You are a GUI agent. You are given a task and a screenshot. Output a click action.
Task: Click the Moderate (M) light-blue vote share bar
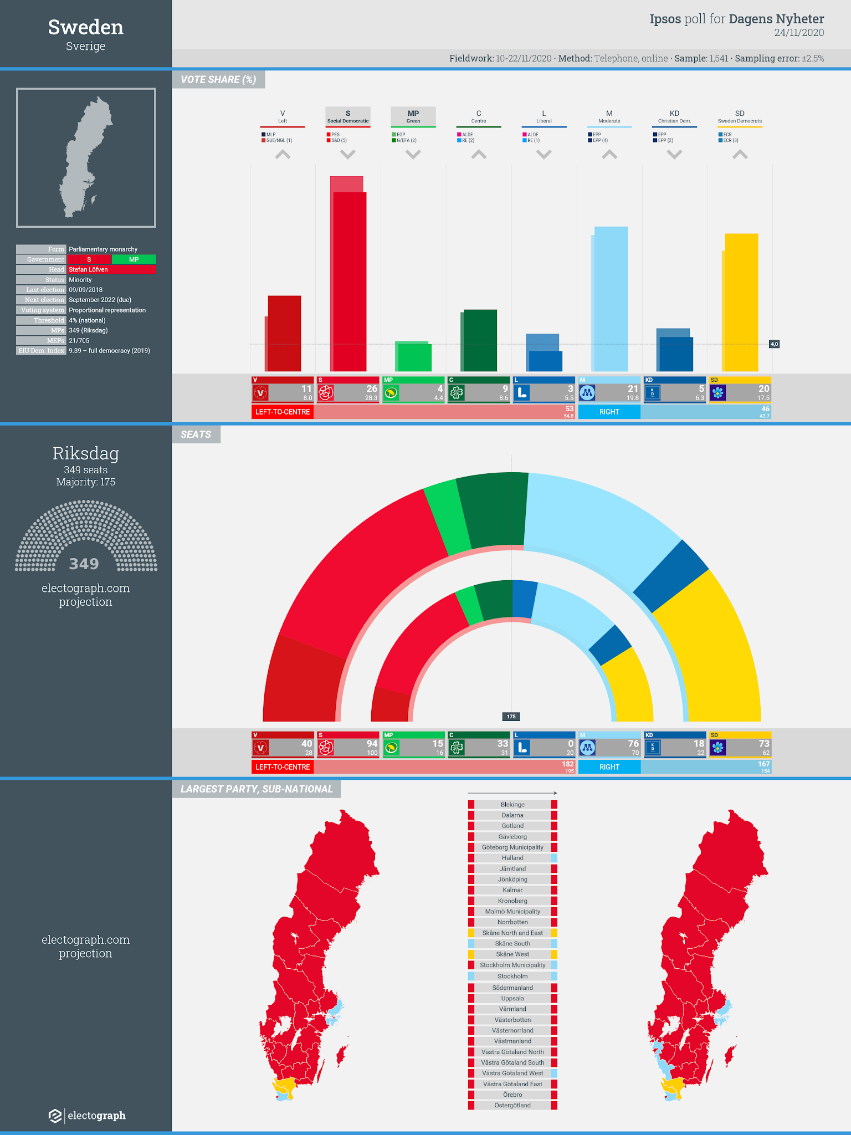[x=611, y=299]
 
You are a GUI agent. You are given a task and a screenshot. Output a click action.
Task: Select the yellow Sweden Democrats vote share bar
[x=741, y=302]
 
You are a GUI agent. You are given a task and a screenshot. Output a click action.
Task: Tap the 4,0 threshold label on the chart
[x=774, y=344]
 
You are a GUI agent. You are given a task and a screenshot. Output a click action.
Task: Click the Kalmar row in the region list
[x=512, y=890]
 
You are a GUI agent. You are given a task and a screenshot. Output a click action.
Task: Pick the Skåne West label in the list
[x=512, y=954]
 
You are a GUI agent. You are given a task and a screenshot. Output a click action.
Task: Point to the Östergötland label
[x=512, y=1105]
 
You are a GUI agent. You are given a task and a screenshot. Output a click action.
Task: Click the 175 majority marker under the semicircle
[x=511, y=717]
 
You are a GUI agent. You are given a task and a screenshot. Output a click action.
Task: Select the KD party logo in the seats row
[x=653, y=748]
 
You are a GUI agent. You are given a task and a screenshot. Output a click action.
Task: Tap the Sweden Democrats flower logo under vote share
[x=718, y=393]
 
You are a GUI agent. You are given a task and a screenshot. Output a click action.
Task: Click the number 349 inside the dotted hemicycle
[x=84, y=564]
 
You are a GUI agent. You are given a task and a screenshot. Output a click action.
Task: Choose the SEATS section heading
[x=196, y=434]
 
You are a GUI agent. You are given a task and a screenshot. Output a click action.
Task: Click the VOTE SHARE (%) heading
[x=218, y=80]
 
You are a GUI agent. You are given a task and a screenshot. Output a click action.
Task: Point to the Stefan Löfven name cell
[x=111, y=269]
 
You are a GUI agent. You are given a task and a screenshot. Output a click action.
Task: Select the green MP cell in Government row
[x=134, y=259]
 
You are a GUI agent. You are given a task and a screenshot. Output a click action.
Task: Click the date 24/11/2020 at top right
[x=799, y=33]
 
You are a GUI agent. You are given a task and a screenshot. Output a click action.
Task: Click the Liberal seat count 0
[x=570, y=744]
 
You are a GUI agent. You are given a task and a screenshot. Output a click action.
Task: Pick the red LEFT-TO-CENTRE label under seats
[x=283, y=767]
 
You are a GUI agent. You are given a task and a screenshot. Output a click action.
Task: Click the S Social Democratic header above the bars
[x=348, y=116]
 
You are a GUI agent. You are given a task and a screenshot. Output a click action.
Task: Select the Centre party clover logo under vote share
[x=457, y=393]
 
